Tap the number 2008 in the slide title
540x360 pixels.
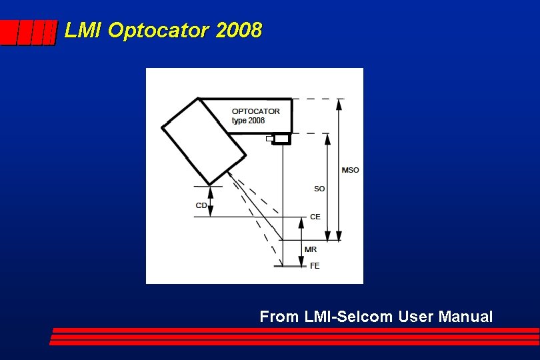(x=239, y=31)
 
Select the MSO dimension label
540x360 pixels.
(x=350, y=170)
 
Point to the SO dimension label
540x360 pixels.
(x=319, y=189)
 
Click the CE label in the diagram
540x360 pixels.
(x=315, y=217)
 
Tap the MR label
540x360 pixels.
(x=311, y=249)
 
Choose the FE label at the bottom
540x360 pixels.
(x=315, y=265)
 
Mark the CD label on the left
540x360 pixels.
(x=201, y=205)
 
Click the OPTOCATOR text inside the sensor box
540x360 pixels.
(x=256, y=111)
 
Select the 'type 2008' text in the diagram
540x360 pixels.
(x=248, y=121)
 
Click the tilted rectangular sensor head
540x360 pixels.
(x=203, y=141)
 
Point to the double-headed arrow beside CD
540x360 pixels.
(x=211, y=201)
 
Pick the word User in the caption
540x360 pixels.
(x=415, y=317)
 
